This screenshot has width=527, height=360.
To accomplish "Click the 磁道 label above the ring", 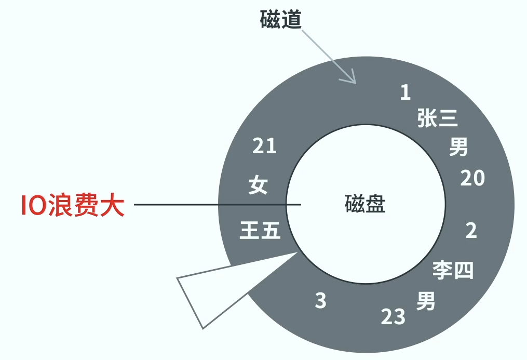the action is point(281,19).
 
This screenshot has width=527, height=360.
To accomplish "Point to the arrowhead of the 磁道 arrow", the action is point(353,80).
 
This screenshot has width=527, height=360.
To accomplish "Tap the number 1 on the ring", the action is point(406,92).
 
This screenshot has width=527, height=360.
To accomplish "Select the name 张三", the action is point(438,119).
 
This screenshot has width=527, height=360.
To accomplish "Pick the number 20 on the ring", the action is point(472,178).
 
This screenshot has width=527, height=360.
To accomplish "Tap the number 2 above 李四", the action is point(471,230).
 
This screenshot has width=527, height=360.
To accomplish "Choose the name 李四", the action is point(453,270).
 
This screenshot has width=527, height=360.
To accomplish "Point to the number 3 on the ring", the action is point(321,300).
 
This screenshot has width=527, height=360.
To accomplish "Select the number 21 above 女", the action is point(264,146).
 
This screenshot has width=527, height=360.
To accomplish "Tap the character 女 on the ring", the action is point(258,185).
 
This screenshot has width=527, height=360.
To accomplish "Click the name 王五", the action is point(260,230).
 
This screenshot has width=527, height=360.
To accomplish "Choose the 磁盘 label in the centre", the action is point(365,204).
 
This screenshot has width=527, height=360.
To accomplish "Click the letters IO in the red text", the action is point(34,205).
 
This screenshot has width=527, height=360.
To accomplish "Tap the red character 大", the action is point(113,205).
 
